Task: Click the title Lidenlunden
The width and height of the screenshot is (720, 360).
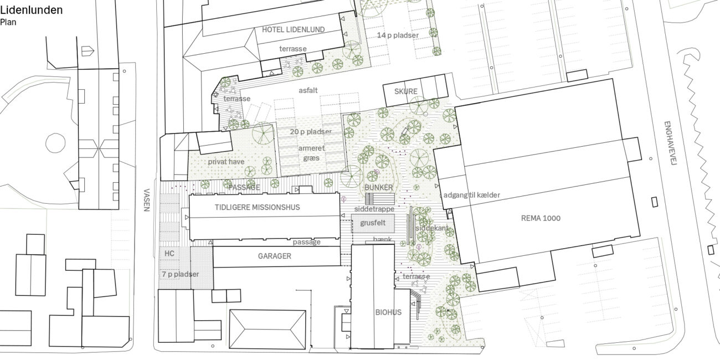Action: pyautogui.click(x=31, y=11)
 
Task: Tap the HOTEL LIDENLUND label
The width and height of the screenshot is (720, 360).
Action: pyautogui.click(x=293, y=29)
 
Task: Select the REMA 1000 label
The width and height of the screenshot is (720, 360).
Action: pyautogui.click(x=541, y=218)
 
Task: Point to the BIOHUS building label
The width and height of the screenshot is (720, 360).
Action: pyautogui.click(x=388, y=312)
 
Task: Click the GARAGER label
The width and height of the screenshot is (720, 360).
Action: pyautogui.click(x=275, y=256)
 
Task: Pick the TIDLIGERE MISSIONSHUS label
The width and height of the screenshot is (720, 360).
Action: pyautogui.click(x=257, y=207)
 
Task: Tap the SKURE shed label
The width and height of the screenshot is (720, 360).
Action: pyautogui.click(x=405, y=91)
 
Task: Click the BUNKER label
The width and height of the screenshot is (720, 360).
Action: pyautogui.click(x=379, y=187)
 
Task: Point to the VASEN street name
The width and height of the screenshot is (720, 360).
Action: pyautogui.click(x=147, y=200)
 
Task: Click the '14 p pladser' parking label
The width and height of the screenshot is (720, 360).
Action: pyautogui.click(x=398, y=35)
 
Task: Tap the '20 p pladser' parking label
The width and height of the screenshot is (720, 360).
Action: pyautogui.click(x=311, y=131)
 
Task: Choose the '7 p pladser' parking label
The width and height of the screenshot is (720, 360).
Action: pyautogui.click(x=181, y=274)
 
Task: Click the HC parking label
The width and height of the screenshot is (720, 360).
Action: pyautogui.click(x=169, y=253)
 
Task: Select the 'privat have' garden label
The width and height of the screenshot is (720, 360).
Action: pyautogui.click(x=226, y=162)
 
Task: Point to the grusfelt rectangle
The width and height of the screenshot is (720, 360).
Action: pyautogui.click(x=373, y=223)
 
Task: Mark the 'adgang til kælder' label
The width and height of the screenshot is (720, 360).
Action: pyautogui.click(x=471, y=195)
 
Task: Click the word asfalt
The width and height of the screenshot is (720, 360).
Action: pyautogui.click(x=308, y=91)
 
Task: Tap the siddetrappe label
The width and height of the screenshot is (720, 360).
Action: pyautogui.click(x=374, y=209)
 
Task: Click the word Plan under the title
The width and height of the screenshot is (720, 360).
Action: pyautogui.click(x=8, y=22)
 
